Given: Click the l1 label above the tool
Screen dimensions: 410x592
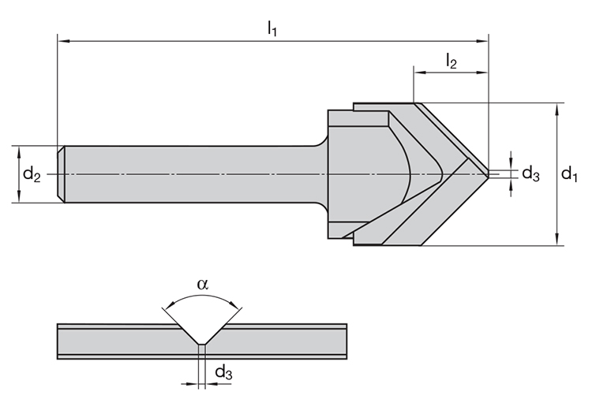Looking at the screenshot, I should coord(272,29).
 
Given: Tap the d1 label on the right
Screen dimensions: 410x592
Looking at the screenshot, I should coord(569,174).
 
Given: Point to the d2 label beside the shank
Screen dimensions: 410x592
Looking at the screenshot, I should coord(32,174).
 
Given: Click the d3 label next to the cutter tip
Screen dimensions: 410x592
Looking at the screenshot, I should coord(530,174).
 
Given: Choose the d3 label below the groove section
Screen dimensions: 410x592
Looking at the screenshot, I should coord(223,372).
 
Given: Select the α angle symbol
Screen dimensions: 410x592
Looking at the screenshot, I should coord(203,285).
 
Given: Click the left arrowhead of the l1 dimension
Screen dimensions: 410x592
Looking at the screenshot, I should coord(62,39).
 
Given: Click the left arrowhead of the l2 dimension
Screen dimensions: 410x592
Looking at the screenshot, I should coord(418,73).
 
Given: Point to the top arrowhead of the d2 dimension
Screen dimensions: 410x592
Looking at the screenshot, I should coord(18,151).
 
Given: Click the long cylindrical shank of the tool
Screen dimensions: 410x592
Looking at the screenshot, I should coord(189,173).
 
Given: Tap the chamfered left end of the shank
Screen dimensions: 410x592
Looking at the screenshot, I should coord(61,173).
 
